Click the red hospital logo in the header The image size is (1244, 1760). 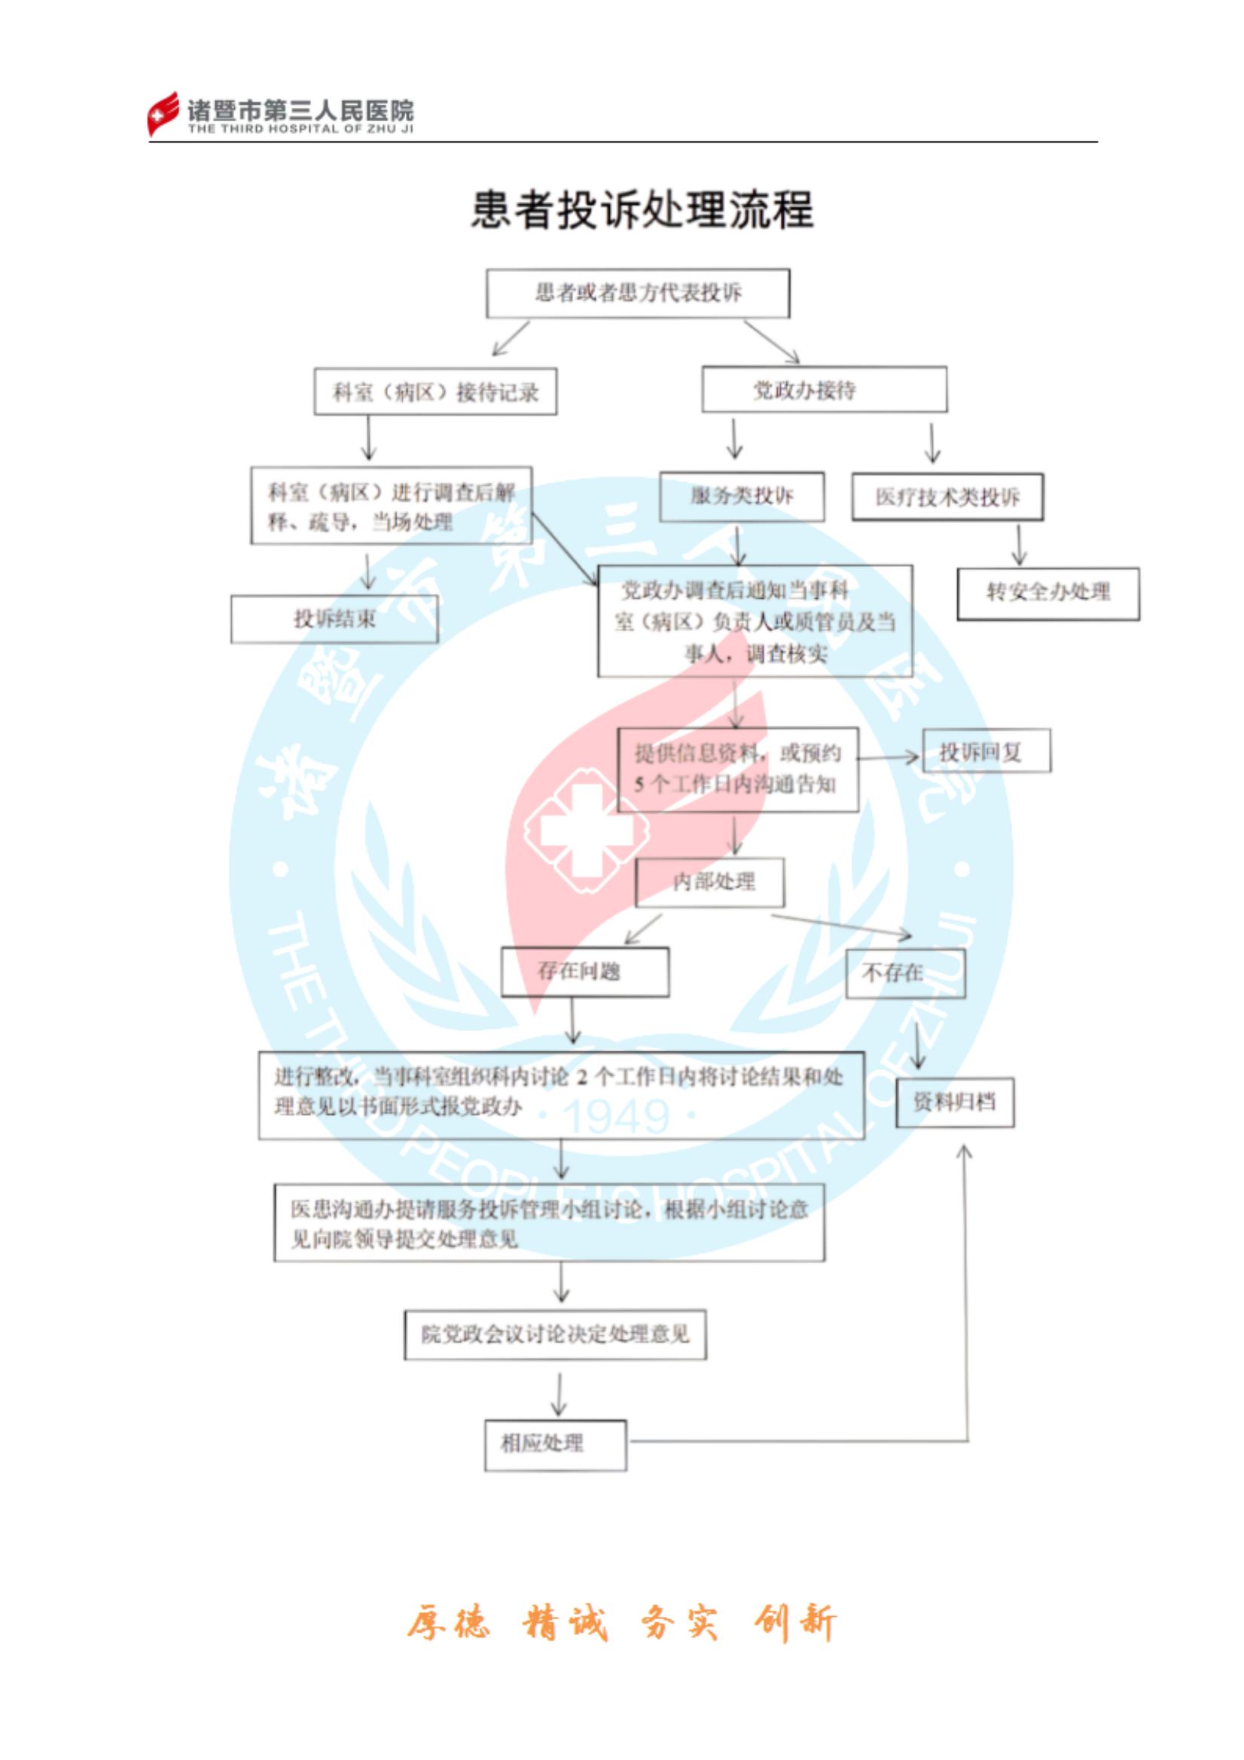[x=163, y=114]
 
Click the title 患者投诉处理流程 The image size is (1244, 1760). [x=642, y=209]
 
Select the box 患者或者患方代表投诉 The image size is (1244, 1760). [x=638, y=293]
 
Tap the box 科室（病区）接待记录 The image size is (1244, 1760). [x=434, y=392]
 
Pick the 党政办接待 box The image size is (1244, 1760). [x=824, y=389]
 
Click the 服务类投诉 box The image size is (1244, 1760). [x=741, y=496]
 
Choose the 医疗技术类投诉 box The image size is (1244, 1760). [x=947, y=498]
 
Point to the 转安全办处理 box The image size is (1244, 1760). [x=1047, y=593]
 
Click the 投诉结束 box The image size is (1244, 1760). [x=334, y=618]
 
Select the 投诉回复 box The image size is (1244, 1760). [x=986, y=752]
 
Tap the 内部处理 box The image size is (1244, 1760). [x=710, y=882]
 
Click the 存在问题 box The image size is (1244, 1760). [x=584, y=972]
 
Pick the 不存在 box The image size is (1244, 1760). [x=904, y=974]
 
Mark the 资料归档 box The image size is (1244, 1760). [x=954, y=1103]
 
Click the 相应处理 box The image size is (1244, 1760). [x=555, y=1444]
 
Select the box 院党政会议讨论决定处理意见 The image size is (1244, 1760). [x=555, y=1334]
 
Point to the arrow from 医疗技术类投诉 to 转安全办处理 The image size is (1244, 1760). [x=1019, y=545]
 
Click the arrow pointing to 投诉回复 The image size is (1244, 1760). [x=889, y=758]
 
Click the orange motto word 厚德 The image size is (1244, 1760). [x=447, y=1623]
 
